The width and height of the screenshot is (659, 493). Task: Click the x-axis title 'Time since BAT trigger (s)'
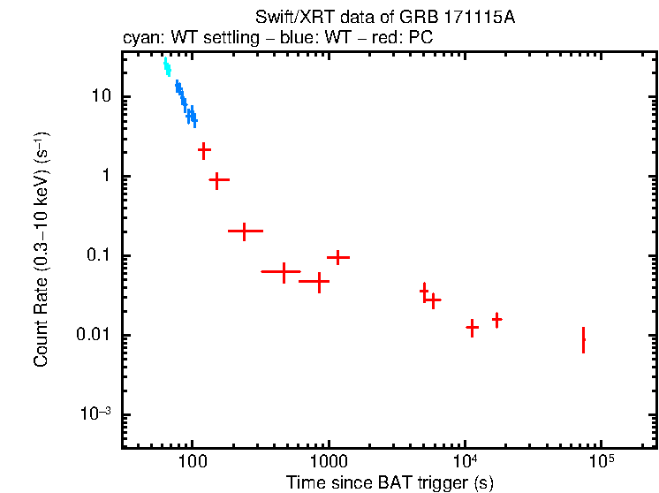(x=390, y=482)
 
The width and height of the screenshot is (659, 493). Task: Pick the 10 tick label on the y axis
(x=100, y=96)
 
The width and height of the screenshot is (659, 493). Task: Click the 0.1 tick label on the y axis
(x=96, y=256)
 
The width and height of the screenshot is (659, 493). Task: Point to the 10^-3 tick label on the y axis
(x=95, y=414)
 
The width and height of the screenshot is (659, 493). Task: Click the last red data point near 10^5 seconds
(x=583, y=339)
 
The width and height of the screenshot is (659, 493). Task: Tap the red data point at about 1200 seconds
(x=337, y=257)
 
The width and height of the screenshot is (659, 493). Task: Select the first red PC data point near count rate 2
(x=204, y=150)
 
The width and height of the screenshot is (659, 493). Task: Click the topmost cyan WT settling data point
(x=165, y=64)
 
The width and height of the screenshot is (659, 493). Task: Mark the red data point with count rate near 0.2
(x=245, y=231)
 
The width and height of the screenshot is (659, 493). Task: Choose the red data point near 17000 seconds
(x=497, y=319)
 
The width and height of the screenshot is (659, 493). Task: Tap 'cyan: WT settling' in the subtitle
(x=178, y=39)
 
